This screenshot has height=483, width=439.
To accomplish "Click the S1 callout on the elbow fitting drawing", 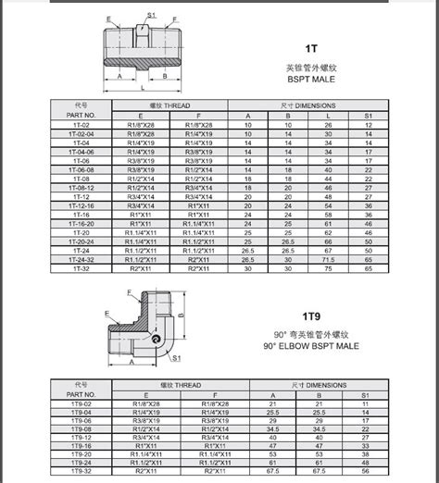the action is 177,356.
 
